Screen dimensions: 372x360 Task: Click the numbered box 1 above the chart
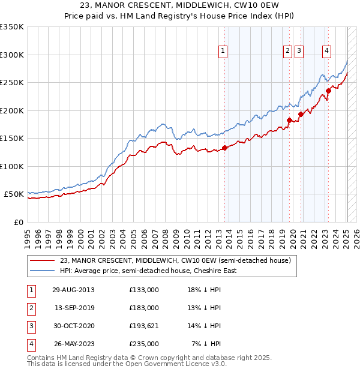pos(223,51)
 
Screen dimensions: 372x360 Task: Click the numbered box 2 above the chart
pos(288,51)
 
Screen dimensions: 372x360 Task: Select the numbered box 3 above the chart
pos(299,51)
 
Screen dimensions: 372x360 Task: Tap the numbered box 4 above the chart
pos(326,51)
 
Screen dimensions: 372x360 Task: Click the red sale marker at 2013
pos(224,148)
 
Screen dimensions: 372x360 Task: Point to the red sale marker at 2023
pos(328,91)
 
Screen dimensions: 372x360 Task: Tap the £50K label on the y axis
pos(14,194)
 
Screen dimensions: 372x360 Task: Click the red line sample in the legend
pos(43,260)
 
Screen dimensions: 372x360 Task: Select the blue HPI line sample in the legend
pos(43,271)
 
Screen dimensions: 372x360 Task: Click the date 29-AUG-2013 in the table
pos(73,290)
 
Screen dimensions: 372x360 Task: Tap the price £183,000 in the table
pos(144,308)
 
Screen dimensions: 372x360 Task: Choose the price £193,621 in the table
pos(144,326)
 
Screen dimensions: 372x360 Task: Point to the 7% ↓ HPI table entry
pos(206,344)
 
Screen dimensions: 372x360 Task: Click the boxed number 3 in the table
pos(31,326)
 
